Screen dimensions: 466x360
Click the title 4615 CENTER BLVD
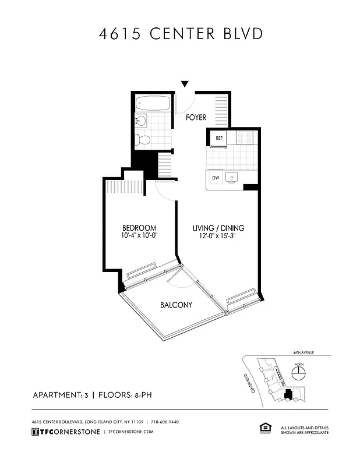coord(180,33)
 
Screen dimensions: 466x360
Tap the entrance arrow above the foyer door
coord(185,84)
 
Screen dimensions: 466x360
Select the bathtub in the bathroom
coord(153,104)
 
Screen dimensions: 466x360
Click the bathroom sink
coord(141,121)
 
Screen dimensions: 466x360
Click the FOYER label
coord(196,118)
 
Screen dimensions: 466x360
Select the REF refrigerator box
coord(219,138)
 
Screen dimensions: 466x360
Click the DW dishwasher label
coord(216,177)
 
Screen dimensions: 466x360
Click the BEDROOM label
coord(139,227)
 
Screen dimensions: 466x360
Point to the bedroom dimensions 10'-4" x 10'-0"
coord(139,236)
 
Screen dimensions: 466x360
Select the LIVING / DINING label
coord(218,228)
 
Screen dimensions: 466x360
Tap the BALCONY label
coord(176,305)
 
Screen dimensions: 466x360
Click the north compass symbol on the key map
coord(299,373)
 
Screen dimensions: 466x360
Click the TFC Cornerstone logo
coord(65,432)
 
